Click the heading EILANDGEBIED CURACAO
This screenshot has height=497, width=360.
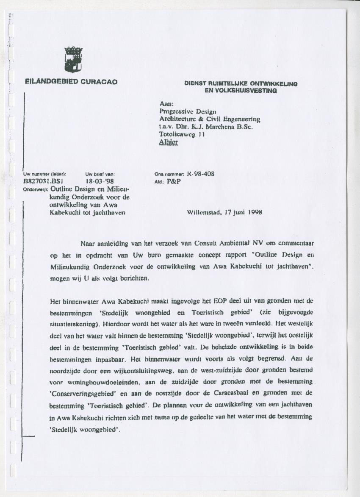point(71,82)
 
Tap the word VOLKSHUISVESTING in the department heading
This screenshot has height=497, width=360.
point(241,90)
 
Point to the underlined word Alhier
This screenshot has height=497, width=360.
point(168,142)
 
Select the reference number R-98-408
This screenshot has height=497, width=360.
point(203,174)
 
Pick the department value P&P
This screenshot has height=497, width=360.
point(173,181)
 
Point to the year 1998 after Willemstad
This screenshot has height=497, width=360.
point(253,213)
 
